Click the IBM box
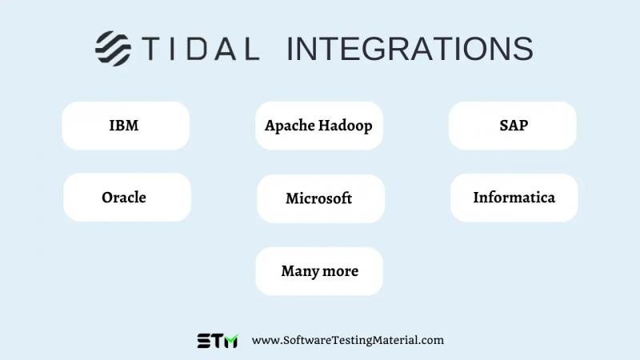pos(125,126)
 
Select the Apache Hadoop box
pos(318,126)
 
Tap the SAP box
pos(512,126)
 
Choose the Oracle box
pos(126,198)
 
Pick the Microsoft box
pos(320,198)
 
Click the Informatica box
pos(514,198)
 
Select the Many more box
pos(319,271)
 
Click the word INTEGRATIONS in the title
pos(410,49)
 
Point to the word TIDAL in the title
pos(201,49)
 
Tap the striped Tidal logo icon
pos(113,48)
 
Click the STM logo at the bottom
pos(218,340)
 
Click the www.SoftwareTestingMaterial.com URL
pos(347,340)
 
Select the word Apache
pos(290,126)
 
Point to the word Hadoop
pos(346,126)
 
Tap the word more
pos(341,271)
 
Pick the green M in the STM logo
pos(230,340)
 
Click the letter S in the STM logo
pos(205,340)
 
